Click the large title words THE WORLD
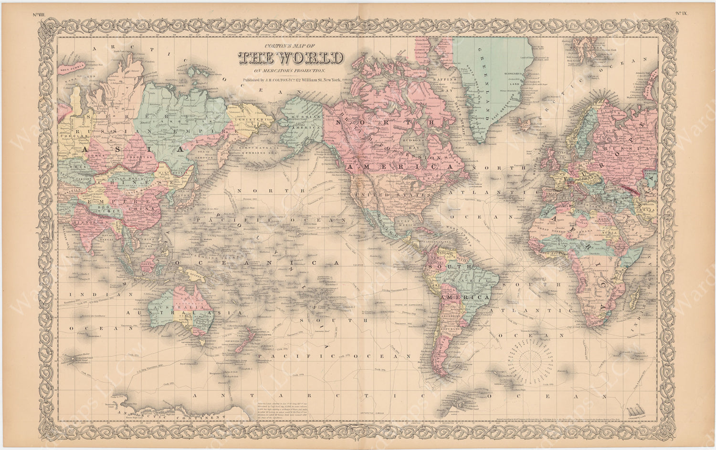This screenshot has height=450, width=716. click(x=290, y=57)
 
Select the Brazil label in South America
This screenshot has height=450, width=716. click(x=470, y=281)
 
